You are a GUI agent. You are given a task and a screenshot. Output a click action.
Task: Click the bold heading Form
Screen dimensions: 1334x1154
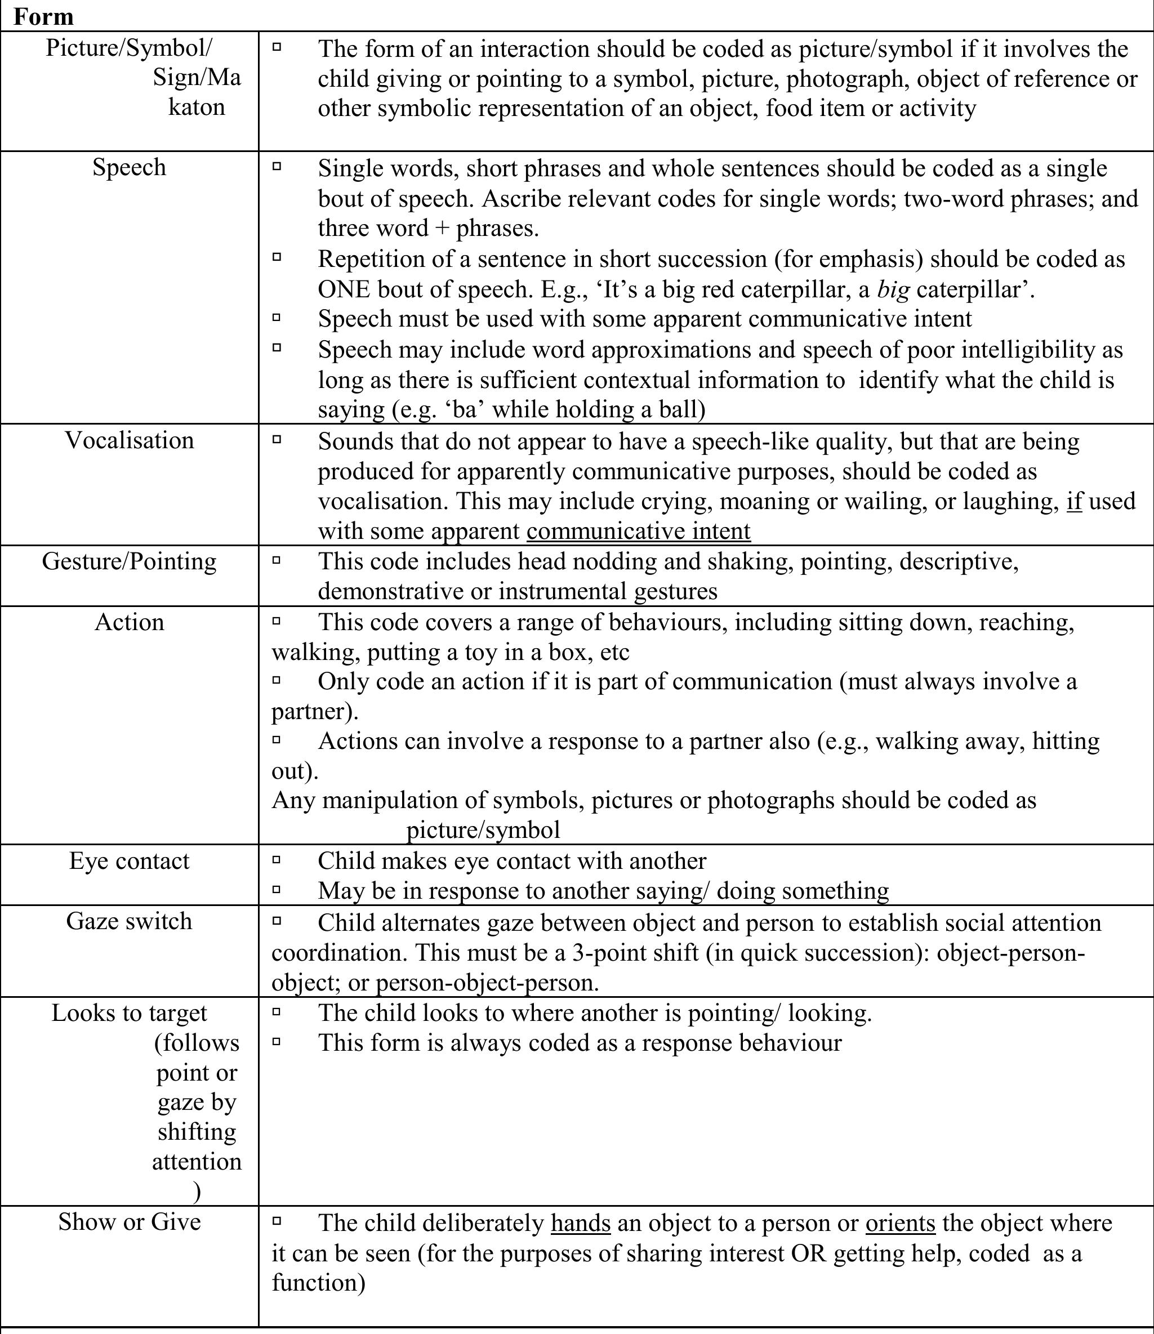click(x=43, y=16)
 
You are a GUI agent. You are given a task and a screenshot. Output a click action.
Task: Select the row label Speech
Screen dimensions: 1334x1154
click(x=129, y=167)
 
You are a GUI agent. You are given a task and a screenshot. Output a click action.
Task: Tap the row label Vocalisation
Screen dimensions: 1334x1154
click(x=129, y=440)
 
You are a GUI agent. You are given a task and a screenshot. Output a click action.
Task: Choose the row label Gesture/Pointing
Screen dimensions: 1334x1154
click(x=129, y=561)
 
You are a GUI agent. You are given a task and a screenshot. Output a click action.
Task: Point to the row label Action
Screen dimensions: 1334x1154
click(x=129, y=622)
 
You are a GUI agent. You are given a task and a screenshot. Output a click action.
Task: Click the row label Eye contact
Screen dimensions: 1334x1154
click(x=129, y=861)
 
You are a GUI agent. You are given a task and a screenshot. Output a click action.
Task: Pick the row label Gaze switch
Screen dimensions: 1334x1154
click(x=129, y=921)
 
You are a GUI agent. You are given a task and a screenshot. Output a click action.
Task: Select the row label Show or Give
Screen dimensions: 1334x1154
click(x=129, y=1221)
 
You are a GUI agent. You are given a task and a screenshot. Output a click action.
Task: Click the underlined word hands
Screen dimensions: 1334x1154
click(x=580, y=1223)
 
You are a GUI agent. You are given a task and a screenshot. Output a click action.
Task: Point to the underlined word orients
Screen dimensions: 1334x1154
click(x=899, y=1223)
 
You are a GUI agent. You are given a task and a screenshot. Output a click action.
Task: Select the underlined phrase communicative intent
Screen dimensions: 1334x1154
click(x=638, y=531)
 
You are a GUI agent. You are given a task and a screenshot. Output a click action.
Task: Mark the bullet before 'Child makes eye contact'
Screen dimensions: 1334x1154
click(x=277, y=859)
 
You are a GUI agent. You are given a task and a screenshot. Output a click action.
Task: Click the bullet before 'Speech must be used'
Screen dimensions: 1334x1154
click(x=277, y=318)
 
